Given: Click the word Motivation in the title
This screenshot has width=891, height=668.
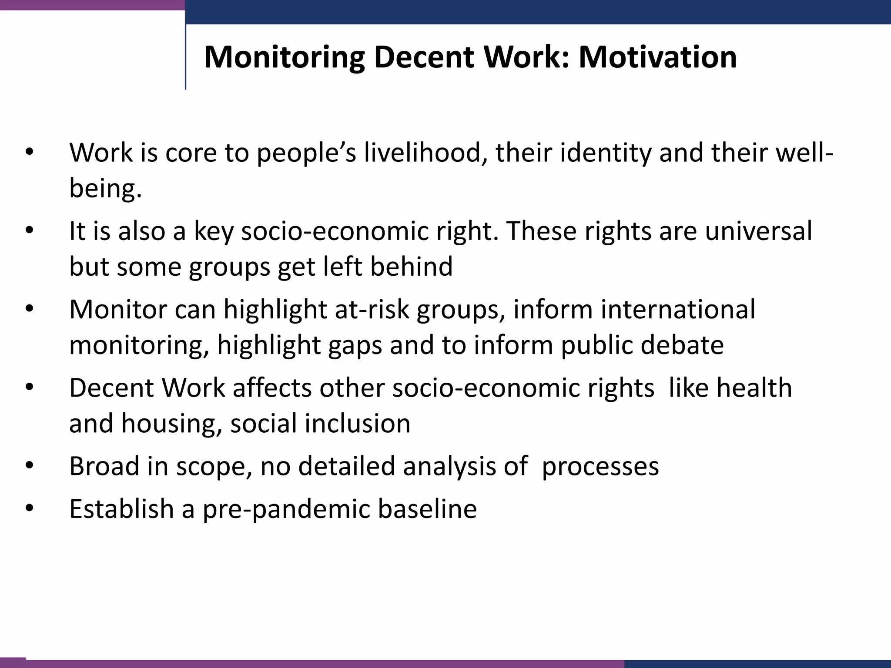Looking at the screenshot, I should click(657, 57).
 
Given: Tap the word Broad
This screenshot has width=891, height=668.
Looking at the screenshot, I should click(104, 466).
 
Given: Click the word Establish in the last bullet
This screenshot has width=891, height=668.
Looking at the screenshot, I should click(121, 508).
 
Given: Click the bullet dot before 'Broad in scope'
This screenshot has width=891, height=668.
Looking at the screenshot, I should click(29, 466).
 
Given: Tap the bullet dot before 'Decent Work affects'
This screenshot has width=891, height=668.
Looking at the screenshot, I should click(29, 387).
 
